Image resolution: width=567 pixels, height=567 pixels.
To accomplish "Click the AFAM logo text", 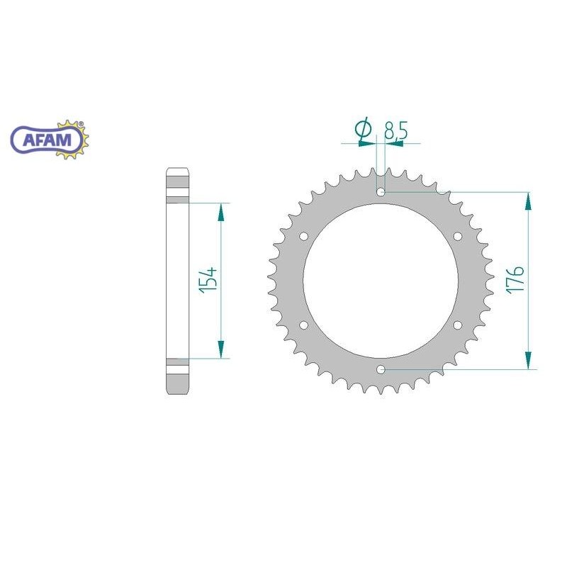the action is pos(47,140).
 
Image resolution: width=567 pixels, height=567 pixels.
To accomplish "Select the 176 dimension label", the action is pos(515,279).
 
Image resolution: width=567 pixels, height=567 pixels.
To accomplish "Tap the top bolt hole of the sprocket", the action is pos(381,191).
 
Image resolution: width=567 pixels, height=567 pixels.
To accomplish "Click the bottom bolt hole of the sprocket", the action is pos(381,369).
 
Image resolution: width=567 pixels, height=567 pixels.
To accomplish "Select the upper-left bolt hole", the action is pos(304,236).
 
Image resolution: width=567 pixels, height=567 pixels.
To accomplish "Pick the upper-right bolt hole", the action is pos(457,236).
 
